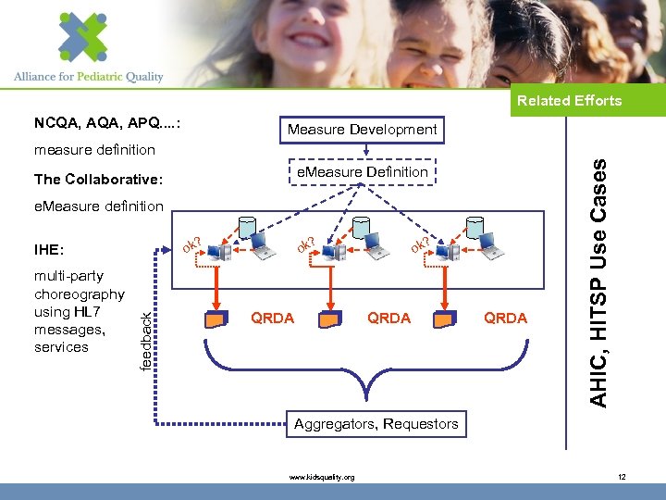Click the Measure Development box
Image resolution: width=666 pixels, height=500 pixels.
click(x=362, y=130)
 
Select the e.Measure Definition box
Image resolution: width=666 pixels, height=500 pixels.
click(x=361, y=172)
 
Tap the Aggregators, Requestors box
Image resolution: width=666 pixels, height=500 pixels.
click(x=376, y=424)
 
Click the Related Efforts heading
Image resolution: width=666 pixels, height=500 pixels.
click(x=569, y=100)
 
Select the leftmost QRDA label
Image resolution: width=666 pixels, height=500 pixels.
click(x=273, y=318)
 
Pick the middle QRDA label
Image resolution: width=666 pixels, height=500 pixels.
click(x=388, y=318)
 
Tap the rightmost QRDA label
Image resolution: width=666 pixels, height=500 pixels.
click(x=505, y=318)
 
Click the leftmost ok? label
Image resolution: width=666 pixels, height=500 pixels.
click(x=192, y=245)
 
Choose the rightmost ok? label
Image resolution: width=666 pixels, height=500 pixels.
click(x=421, y=244)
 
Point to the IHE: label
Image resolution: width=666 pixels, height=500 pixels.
click(x=49, y=250)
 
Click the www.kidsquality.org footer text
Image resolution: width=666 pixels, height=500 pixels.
click(x=321, y=477)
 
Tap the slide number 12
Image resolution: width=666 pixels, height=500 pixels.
click(x=622, y=477)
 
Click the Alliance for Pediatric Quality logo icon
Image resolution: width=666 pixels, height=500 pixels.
click(x=83, y=36)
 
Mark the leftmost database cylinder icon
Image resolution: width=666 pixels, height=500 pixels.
click(x=247, y=226)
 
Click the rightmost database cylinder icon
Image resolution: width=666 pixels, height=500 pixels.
click(x=475, y=226)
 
